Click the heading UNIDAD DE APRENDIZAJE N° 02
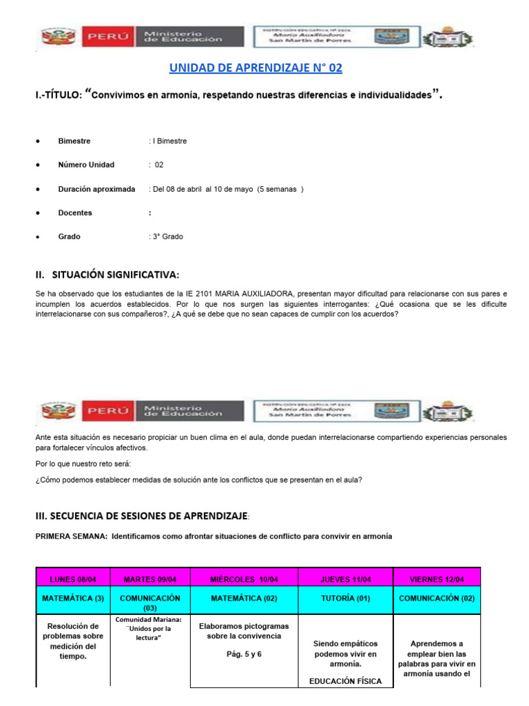(256, 68)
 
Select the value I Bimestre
(167, 141)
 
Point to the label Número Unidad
(86, 165)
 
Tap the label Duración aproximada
(96, 189)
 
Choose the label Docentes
(75, 213)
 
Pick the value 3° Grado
(166, 236)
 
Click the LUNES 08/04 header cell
(72, 578)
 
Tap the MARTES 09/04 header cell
(149, 578)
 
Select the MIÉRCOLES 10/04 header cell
(244, 578)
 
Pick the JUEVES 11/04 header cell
(345, 578)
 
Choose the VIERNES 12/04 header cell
(437, 578)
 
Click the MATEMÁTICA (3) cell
(72, 598)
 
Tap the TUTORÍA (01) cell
(345, 598)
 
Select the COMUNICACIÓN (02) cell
(437, 598)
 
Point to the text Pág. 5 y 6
(244, 654)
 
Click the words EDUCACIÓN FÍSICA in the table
(345, 682)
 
